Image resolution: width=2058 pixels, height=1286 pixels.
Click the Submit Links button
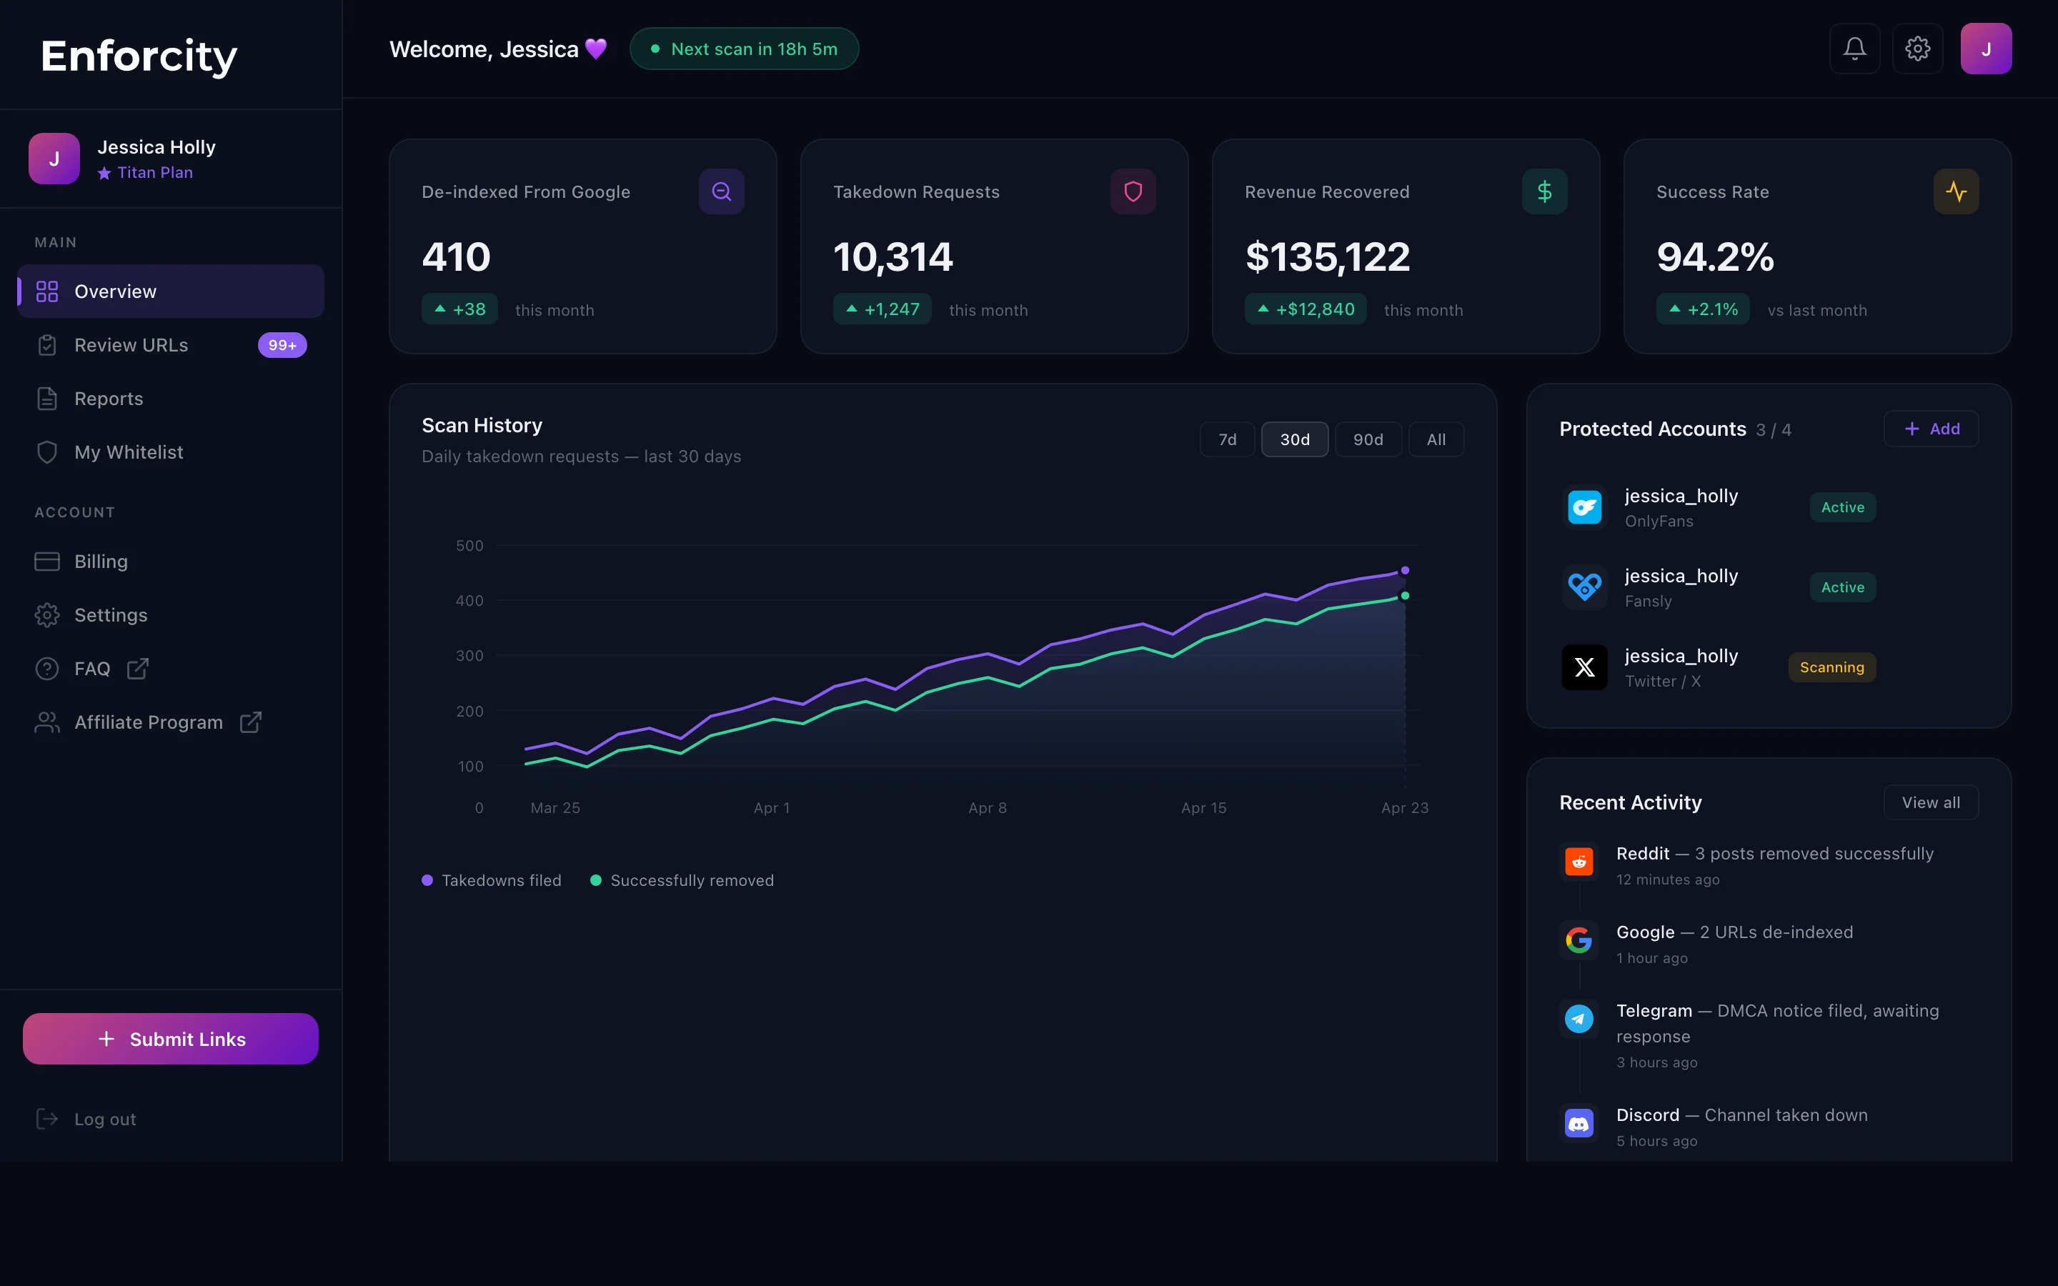pos(170,1039)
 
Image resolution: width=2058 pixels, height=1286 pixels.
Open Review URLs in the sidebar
pos(131,345)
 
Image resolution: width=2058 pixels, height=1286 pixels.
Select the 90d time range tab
pos(1368,439)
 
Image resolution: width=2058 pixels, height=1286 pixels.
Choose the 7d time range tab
pos(1227,439)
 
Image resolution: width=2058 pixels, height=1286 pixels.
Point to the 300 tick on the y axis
pos(469,656)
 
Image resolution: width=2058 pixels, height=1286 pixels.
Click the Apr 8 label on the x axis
pos(988,808)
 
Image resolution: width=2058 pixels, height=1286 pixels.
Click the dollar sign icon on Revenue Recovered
pos(1544,191)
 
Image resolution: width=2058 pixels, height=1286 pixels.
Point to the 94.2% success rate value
pos(1714,257)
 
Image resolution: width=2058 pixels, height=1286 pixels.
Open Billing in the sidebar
pos(100,562)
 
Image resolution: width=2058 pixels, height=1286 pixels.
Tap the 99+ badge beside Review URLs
pos(282,345)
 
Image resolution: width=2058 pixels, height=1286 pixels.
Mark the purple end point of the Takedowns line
pos(1405,571)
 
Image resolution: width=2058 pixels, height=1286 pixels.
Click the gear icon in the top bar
pos(1917,49)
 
